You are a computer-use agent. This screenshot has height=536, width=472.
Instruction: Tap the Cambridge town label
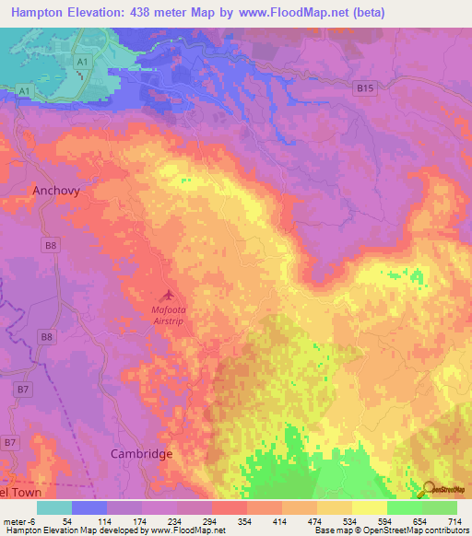[x=141, y=454]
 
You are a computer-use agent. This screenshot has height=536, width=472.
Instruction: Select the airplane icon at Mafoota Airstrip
[x=167, y=295]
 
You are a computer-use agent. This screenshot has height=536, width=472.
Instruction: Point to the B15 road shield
[x=367, y=87]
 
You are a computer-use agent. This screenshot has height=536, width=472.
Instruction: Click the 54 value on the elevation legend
[x=67, y=521]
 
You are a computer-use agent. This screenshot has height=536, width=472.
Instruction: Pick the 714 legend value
[x=452, y=521]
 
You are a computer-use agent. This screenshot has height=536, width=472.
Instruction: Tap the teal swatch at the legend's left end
[x=54, y=507]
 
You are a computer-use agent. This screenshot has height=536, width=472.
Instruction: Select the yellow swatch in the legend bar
[x=370, y=507]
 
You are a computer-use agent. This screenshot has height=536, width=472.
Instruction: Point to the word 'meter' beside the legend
[x=15, y=521]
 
